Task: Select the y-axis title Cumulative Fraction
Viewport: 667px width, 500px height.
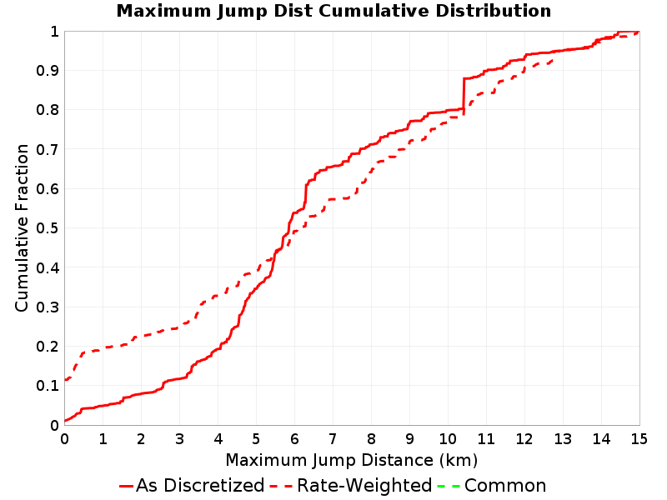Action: click(x=22, y=227)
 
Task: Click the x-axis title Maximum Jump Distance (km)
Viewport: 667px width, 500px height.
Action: click(x=352, y=460)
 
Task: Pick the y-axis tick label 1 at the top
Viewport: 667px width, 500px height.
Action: click(x=54, y=32)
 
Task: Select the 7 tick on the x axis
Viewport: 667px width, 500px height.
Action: click(x=333, y=439)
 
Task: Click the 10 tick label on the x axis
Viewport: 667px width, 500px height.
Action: click(x=448, y=439)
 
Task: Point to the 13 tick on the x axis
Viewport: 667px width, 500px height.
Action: click(x=563, y=439)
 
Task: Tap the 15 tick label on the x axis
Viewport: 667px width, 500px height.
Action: click(x=639, y=439)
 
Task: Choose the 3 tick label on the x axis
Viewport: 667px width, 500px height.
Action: click(x=179, y=439)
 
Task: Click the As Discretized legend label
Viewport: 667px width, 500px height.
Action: click(x=200, y=485)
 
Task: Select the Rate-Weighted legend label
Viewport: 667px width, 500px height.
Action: click(x=364, y=485)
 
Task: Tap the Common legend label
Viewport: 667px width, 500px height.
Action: click(x=505, y=485)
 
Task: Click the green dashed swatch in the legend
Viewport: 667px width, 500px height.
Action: click(x=449, y=486)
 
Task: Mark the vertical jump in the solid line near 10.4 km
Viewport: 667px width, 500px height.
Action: click(x=464, y=95)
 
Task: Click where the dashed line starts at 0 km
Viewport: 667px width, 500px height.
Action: click(x=65, y=379)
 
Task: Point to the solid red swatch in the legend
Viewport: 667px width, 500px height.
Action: click(x=127, y=486)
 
